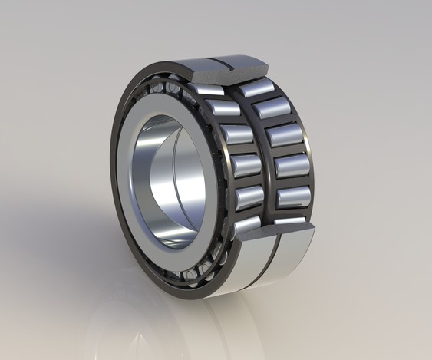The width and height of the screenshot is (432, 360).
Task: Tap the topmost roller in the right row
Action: click(x=256, y=87)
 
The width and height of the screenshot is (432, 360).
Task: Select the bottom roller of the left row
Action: click(x=247, y=224)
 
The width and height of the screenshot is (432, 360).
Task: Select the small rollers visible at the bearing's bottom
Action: click(x=196, y=269)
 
